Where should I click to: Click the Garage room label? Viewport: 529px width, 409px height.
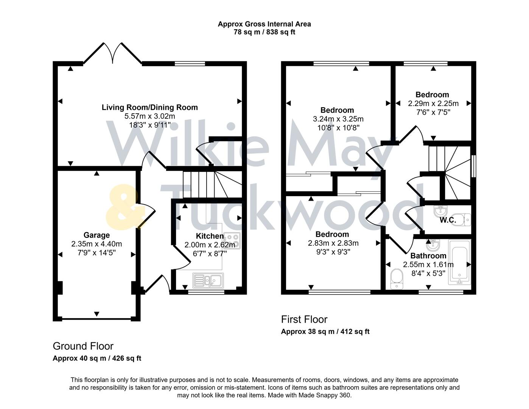tap(96, 235)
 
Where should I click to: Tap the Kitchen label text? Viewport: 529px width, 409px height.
tap(210, 236)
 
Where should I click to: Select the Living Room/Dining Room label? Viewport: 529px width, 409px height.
tap(149, 107)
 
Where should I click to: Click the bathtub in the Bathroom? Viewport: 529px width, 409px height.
tap(459, 262)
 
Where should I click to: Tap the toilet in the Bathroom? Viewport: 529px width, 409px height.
tap(395, 279)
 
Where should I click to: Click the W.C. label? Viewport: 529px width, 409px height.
tap(448, 220)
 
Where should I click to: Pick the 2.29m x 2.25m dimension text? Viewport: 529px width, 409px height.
tap(433, 103)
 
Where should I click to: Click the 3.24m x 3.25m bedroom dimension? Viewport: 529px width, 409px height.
tap(338, 119)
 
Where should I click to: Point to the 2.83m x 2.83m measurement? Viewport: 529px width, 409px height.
tap(333, 243)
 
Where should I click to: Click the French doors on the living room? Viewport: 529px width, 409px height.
tap(112, 53)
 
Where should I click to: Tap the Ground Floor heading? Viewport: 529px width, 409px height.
tap(83, 346)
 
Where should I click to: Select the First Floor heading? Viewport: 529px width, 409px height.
tap(304, 319)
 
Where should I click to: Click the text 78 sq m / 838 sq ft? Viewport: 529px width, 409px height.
tap(264, 32)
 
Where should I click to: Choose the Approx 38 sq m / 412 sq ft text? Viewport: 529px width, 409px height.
tap(325, 332)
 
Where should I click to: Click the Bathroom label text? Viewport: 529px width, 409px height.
tap(428, 256)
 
